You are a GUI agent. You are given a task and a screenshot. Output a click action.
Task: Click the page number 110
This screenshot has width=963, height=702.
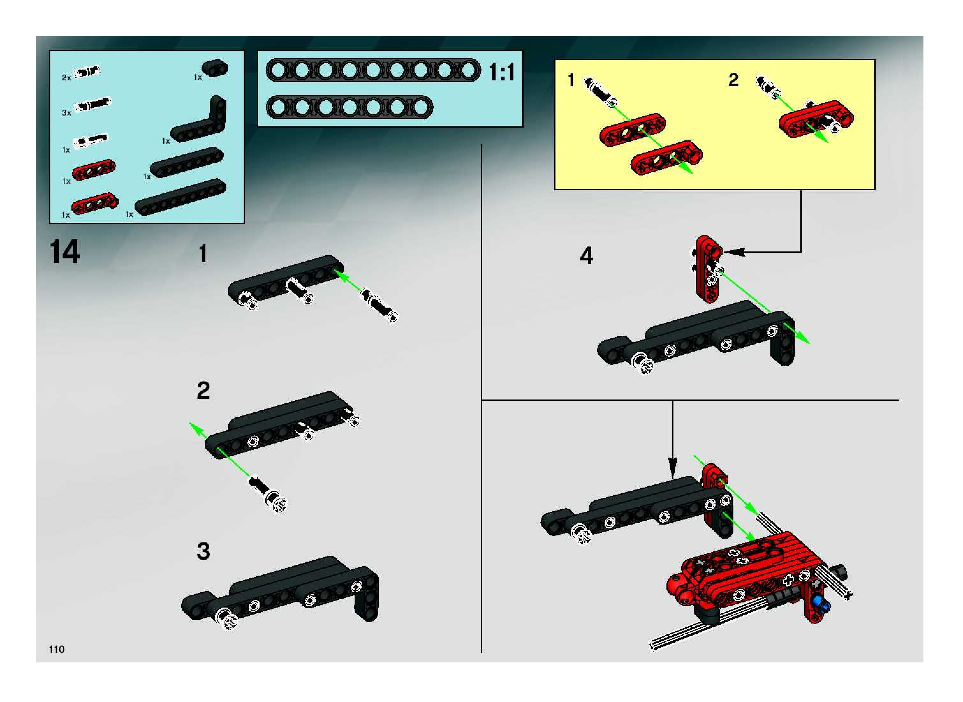pos(56,649)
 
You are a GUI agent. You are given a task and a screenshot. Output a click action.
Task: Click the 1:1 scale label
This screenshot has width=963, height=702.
pos(502,72)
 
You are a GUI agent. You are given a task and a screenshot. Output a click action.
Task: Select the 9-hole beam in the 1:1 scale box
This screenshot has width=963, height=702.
pos(373,70)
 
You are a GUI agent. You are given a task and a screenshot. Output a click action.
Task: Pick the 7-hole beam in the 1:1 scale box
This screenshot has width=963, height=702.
pos(349,107)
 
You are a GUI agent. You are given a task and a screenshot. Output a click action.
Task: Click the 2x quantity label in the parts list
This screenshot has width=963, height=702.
pos(66,78)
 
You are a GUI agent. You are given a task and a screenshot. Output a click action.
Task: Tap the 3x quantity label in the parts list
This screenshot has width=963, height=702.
pos(66,113)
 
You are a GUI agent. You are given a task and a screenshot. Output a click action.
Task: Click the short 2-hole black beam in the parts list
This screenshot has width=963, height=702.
pos(215,68)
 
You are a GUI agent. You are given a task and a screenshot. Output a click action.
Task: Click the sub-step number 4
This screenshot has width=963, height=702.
pos(586,256)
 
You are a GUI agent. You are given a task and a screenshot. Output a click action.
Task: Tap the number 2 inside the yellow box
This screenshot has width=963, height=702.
pos(733,80)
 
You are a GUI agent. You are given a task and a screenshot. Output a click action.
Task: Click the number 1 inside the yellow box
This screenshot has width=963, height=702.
pos(571,80)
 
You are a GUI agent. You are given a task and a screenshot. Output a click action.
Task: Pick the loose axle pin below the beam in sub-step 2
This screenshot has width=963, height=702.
pos(268,494)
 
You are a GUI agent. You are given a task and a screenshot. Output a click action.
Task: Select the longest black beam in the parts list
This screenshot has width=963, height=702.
pos(180,197)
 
